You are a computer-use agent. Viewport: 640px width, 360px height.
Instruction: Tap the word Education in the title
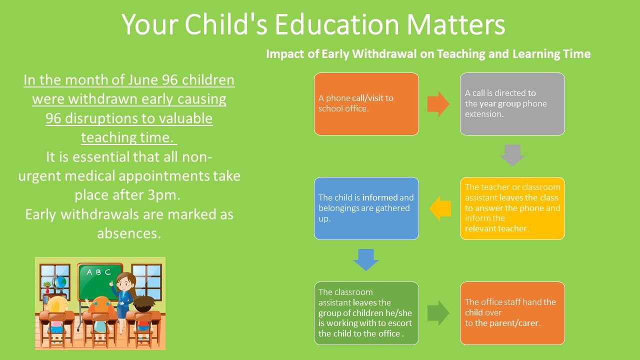tap(337, 24)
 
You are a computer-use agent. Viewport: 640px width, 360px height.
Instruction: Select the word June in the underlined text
tap(143, 79)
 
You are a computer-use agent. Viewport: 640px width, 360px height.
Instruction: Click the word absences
tap(129, 233)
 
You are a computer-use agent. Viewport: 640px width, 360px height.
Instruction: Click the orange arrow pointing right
tap(438, 104)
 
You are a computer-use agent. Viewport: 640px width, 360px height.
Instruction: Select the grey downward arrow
tap(512, 155)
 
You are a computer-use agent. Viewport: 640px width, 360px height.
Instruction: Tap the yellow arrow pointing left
tap(440, 208)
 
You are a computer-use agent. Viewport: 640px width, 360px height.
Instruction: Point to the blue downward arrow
tap(366, 259)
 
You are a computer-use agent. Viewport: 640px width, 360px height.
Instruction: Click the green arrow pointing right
tap(438, 313)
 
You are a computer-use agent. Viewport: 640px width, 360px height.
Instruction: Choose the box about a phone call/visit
tap(366, 104)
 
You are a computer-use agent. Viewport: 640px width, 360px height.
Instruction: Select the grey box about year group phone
tap(512, 104)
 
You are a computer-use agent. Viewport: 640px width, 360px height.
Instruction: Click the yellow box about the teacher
tap(512, 208)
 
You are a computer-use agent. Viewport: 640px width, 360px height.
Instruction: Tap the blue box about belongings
tap(366, 208)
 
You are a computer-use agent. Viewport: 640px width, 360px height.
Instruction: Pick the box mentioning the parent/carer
tap(512, 313)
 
